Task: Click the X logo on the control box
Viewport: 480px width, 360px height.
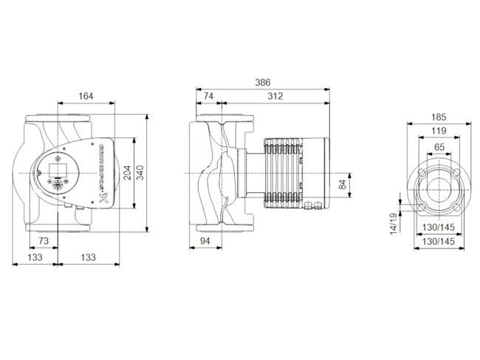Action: tap(103, 197)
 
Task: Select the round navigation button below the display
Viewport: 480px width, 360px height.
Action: tap(58, 182)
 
